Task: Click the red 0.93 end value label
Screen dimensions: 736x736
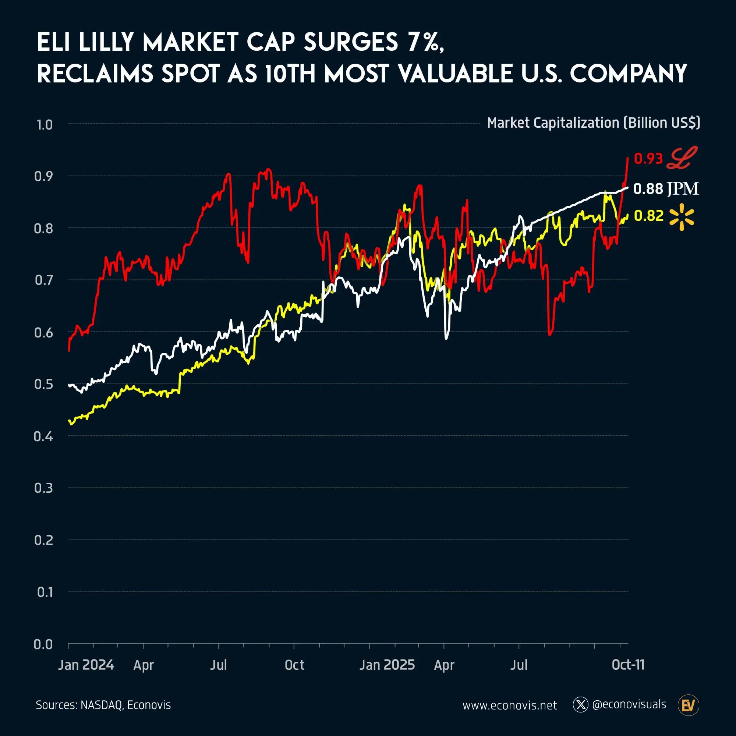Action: [x=648, y=159]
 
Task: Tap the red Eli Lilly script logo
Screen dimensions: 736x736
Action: [x=682, y=158]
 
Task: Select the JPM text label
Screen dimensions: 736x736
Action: [x=682, y=189]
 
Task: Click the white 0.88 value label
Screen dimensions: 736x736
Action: [x=648, y=189]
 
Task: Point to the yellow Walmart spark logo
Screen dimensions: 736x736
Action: [x=682, y=217]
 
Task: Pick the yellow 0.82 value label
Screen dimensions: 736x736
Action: [x=648, y=216]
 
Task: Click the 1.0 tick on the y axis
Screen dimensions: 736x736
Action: [x=45, y=125]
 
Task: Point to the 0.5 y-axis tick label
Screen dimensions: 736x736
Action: [x=43, y=384]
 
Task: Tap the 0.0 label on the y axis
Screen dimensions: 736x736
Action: [x=43, y=644]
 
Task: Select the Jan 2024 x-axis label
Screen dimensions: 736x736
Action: [x=86, y=665]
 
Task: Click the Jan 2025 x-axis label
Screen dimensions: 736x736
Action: [x=387, y=665]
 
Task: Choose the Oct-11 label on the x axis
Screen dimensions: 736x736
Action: [x=628, y=665]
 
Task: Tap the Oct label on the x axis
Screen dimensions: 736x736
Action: [x=294, y=665]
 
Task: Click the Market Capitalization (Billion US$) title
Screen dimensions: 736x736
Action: [x=593, y=123]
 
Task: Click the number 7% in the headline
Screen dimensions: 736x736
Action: [x=425, y=42]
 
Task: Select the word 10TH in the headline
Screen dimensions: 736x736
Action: [x=290, y=74]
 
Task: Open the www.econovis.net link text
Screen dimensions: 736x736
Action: [x=509, y=705]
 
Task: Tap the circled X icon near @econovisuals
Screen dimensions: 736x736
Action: [x=580, y=705]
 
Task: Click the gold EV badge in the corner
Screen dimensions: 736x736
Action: [x=689, y=705]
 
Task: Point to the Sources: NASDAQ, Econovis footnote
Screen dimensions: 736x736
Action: [x=103, y=705]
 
